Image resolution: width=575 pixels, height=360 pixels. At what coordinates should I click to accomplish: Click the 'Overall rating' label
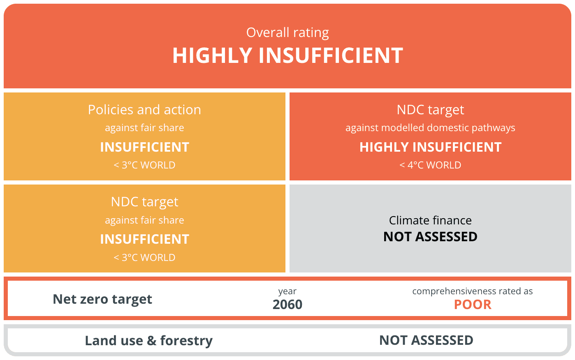[x=287, y=33]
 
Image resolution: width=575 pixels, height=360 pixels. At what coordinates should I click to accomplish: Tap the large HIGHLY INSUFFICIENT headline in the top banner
[x=287, y=55]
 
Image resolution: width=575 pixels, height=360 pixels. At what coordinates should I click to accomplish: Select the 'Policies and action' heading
[x=144, y=110]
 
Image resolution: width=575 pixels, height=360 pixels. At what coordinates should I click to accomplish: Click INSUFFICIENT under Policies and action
[x=144, y=147]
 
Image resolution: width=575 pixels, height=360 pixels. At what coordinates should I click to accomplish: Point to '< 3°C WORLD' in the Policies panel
[x=144, y=165]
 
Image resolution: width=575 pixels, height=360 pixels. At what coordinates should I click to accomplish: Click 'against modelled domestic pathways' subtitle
[x=430, y=128]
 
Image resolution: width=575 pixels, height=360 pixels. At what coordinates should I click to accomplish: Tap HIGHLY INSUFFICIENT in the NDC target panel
[x=430, y=147]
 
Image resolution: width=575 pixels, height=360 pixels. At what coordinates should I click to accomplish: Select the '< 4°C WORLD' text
[x=430, y=165]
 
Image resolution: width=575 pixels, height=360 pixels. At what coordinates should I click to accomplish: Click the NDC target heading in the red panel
[x=430, y=110]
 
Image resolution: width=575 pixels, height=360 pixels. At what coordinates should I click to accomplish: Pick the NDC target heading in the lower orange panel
[x=144, y=202]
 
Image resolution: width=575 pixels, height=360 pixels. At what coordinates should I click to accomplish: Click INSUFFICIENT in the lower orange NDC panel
[x=144, y=239]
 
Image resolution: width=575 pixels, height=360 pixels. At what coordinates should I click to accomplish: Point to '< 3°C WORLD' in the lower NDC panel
[x=144, y=257]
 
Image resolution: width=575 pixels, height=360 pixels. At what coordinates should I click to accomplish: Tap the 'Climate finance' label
[x=430, y=220]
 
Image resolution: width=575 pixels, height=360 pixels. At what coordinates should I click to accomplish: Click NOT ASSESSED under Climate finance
[x=430, y=236]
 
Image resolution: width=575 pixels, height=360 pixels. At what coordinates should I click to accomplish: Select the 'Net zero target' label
[x=102, y=299]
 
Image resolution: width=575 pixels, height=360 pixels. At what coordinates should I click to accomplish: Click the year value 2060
[x=287, y=305]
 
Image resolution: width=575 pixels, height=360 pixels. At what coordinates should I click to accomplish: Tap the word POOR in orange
[x=473, y=305]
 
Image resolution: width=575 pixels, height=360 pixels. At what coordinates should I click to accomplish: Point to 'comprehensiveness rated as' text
[x=473, y=291]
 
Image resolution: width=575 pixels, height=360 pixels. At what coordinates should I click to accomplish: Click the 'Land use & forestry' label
[x=149, y=341]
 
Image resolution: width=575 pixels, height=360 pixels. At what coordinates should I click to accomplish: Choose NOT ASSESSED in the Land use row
[x=426, y=340]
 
